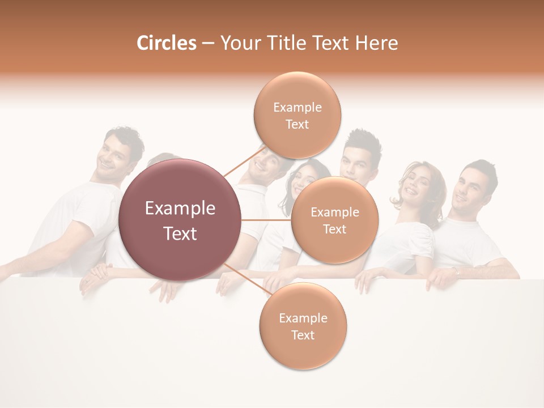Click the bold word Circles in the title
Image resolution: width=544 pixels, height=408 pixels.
[166, 43]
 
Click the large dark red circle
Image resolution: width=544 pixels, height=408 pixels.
[180, 220]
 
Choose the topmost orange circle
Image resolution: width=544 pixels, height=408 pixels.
[297, 115]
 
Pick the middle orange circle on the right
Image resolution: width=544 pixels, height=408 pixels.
[334, 220]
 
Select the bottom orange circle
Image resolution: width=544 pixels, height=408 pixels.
[303, 326]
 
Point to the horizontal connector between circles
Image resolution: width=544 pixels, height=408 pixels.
[266, 220]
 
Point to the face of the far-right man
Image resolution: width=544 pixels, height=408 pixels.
[469, 191]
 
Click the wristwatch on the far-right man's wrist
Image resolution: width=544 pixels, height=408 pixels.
[457, 273]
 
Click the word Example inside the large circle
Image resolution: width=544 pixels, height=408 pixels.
[180, 209]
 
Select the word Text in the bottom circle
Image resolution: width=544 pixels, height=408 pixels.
[303, 335]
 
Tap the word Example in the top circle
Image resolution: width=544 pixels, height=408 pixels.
[297, 107]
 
